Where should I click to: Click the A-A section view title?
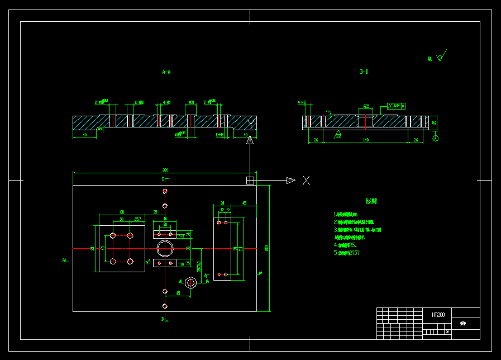point(166,72)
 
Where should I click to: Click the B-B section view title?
point(364,72)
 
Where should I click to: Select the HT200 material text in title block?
point(438,315)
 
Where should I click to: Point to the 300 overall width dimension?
point(165,170)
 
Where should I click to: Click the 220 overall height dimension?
point(266,249)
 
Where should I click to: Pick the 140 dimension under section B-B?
point(366,140)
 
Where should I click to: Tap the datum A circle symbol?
point(436,138)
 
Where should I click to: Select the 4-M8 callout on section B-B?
point(302,103)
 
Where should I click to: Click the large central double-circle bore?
point(165,248)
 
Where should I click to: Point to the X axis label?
point(306,180)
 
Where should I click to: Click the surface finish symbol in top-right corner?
point(441,56)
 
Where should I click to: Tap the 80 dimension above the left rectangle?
point(122,212)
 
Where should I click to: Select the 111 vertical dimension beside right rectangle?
point(240,248)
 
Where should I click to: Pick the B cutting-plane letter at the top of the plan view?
point(163,179)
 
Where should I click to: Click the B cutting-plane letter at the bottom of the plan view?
point(163,319)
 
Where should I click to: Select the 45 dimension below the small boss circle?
point(178,293)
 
